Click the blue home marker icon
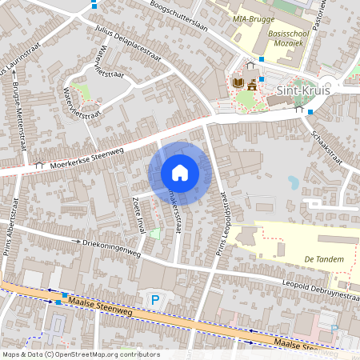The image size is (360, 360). pyautogui.click(x=180, y=173)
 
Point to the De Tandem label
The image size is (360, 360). pyautogui.click(x=324, y=259)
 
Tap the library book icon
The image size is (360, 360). pyautogui.click(x=238, y=82)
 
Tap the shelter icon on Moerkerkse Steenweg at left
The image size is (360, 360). pyautogui.click(x=39, y=165)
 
